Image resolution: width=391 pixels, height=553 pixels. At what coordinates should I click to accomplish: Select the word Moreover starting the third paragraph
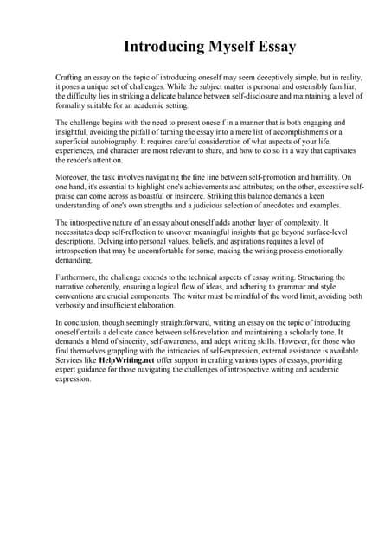click(x=74, y=177)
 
